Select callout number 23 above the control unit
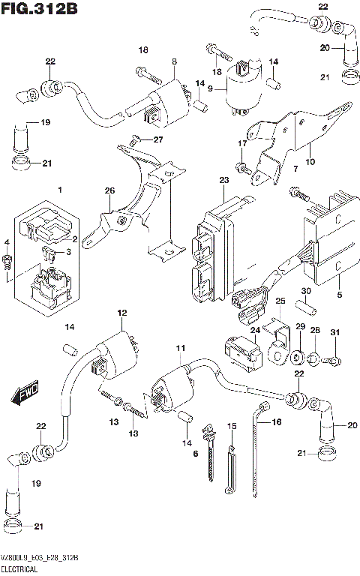223,181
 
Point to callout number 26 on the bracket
109,192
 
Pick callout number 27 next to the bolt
157,139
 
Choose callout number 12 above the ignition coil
121,313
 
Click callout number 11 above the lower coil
179,349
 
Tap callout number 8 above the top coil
174,62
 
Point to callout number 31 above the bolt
335,333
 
